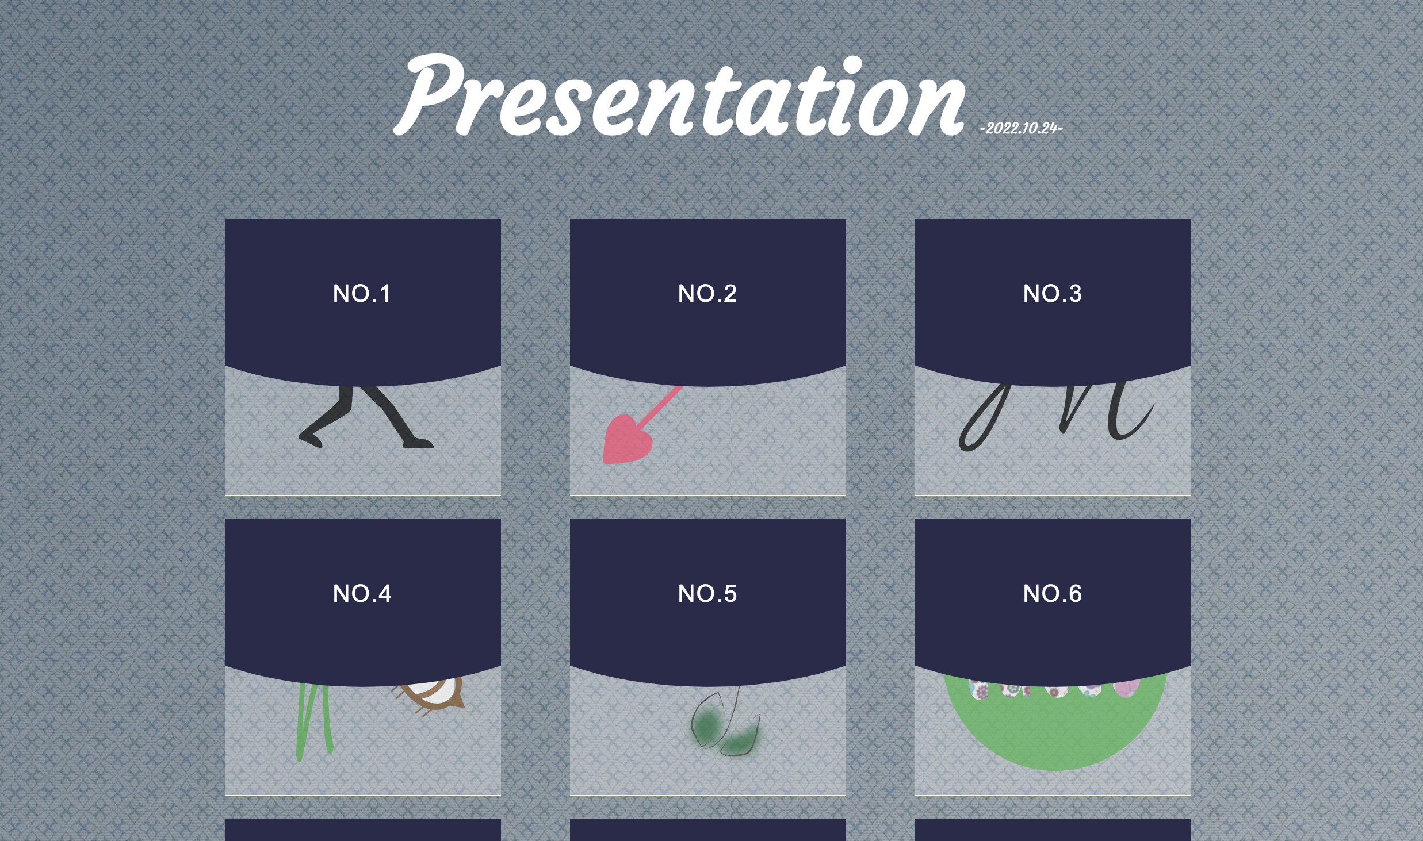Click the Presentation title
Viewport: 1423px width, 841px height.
[x=679, y=95]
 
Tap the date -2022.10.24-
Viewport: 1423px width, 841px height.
[x=1021, y=128]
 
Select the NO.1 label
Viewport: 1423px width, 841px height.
[x=362, y=294]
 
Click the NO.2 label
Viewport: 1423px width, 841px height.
[x=707, y=294]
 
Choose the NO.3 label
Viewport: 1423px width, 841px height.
[x=1053, y=294]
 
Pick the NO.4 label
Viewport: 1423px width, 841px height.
[x=362, y=594]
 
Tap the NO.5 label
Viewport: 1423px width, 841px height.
[x=707, y=594]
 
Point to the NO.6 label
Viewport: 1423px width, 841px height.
[x=1053, y=594]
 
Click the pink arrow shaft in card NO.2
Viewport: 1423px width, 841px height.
[x=661, y=406]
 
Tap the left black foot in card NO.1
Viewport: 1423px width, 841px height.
[x=311, y=437]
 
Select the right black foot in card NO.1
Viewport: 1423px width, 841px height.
[x=418, y=443]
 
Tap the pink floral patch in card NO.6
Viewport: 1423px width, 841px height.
[x=1126, y=688]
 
